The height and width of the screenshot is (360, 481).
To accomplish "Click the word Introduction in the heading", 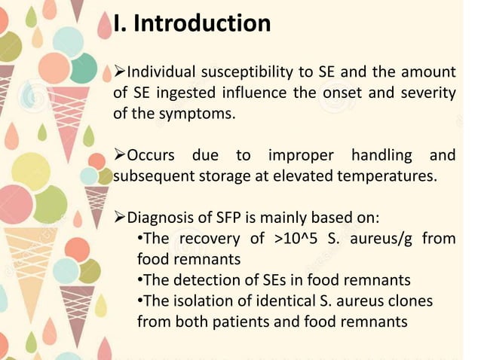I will click(202, 23).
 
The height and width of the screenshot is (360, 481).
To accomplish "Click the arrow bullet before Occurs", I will click(119, 156).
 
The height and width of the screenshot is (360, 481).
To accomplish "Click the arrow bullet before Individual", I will click(119, 72).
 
